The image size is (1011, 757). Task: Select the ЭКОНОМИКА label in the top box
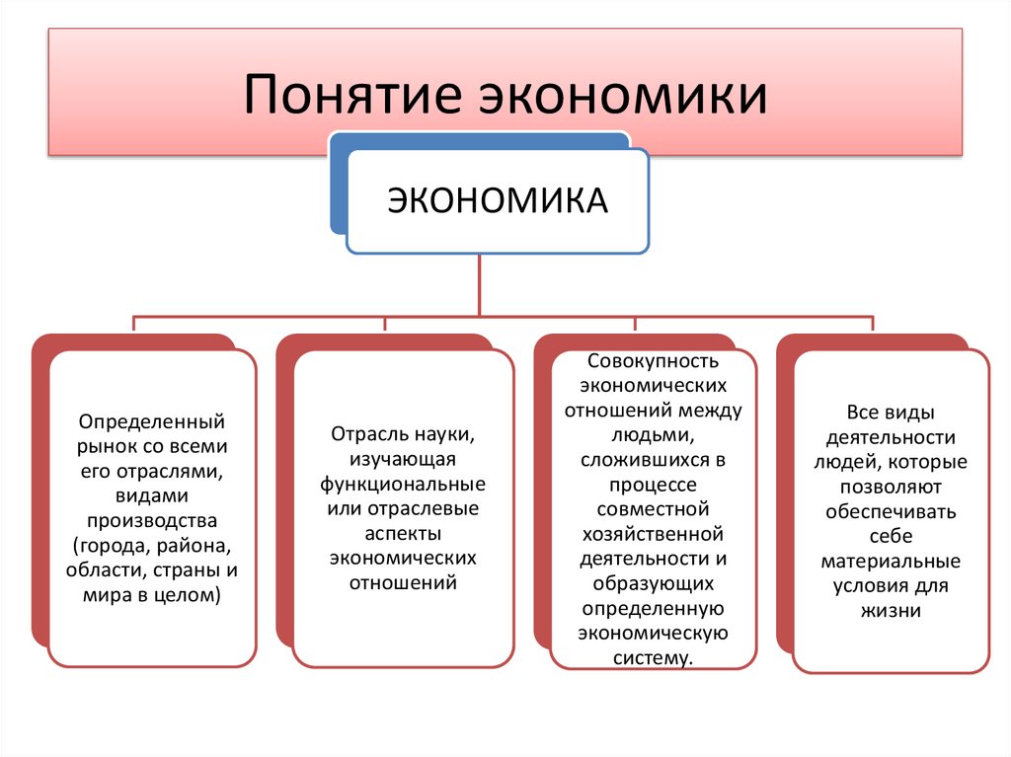[497, 201]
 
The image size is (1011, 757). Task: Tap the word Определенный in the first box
[152, 421]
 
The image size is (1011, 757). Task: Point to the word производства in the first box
[152, 520]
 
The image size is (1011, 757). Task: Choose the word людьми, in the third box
[653, 435]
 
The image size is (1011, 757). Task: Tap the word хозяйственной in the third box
[653, 534]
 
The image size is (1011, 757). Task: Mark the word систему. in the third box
[653, 657]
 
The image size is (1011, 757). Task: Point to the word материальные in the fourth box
[891, 561]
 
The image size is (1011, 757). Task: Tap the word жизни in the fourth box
[891, 610]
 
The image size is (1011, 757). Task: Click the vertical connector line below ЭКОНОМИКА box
[480, 286]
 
